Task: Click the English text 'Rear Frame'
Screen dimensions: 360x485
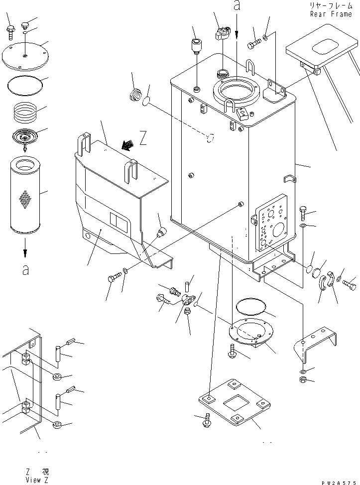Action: (x=331, y=14)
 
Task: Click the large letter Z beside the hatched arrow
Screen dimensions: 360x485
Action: (x=142, y=138)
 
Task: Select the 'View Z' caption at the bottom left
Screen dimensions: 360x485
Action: (x=37, y=480)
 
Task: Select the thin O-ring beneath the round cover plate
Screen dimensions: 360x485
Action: (x=25, y=85)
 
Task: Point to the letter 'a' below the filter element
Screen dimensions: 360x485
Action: (x=26, y=270)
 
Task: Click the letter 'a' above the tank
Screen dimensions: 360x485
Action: (x=237, y=5)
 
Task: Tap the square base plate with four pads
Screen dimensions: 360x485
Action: (x=234, y=402)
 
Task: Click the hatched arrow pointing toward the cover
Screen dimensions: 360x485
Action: (x=128, y=145)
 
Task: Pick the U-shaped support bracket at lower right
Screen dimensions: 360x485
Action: (x=315, y=344)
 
